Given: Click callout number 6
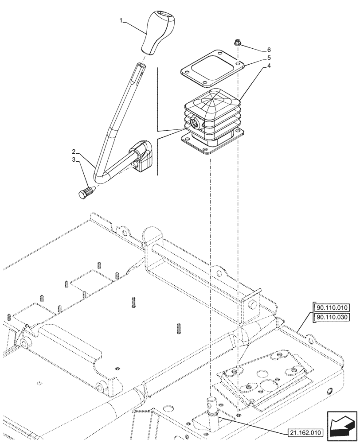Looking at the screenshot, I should [x=268, y=50].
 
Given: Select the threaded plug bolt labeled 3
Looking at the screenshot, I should [x=86, y=193].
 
